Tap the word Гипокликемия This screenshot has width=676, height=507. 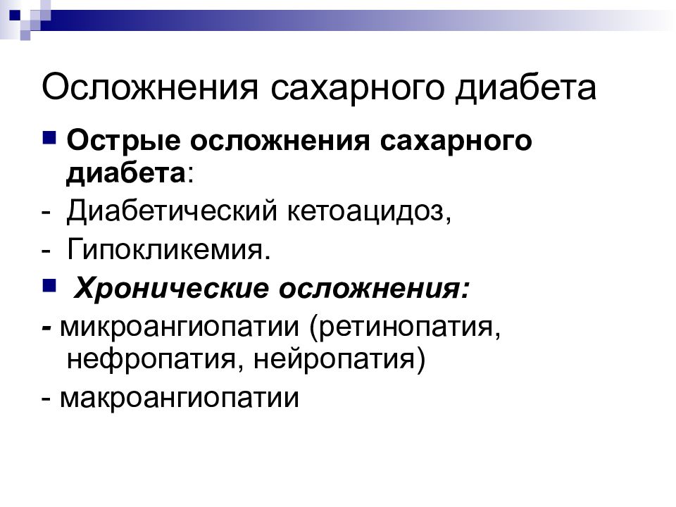169,249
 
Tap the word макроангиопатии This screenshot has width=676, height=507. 180,398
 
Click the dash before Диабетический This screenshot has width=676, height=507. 46,212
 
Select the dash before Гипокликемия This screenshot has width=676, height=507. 46,250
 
